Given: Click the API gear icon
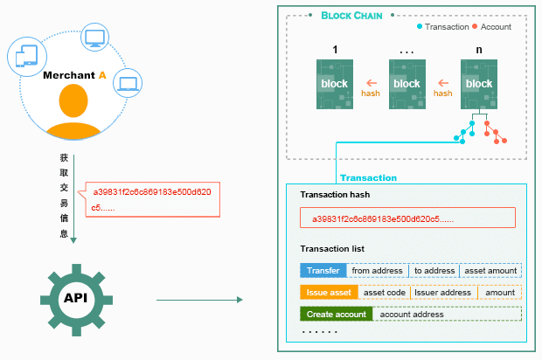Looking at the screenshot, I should coord(74,298).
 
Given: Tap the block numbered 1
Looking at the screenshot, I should coord(334,84).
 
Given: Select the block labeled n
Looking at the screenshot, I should coord(479,84).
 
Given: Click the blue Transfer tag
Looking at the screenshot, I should coord(323,271).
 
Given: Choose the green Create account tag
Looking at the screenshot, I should coord(337,314).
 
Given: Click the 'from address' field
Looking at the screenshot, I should coord(377,271).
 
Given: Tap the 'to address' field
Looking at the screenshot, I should coord(434,271).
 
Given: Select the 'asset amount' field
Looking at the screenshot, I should coord(490,271).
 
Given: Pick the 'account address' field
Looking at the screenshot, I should coord(412,314).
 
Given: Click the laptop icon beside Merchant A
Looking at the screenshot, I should coord(129,83).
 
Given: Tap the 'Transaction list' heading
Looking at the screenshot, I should coord(331,249).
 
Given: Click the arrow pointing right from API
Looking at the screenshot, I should coord(198,301).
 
